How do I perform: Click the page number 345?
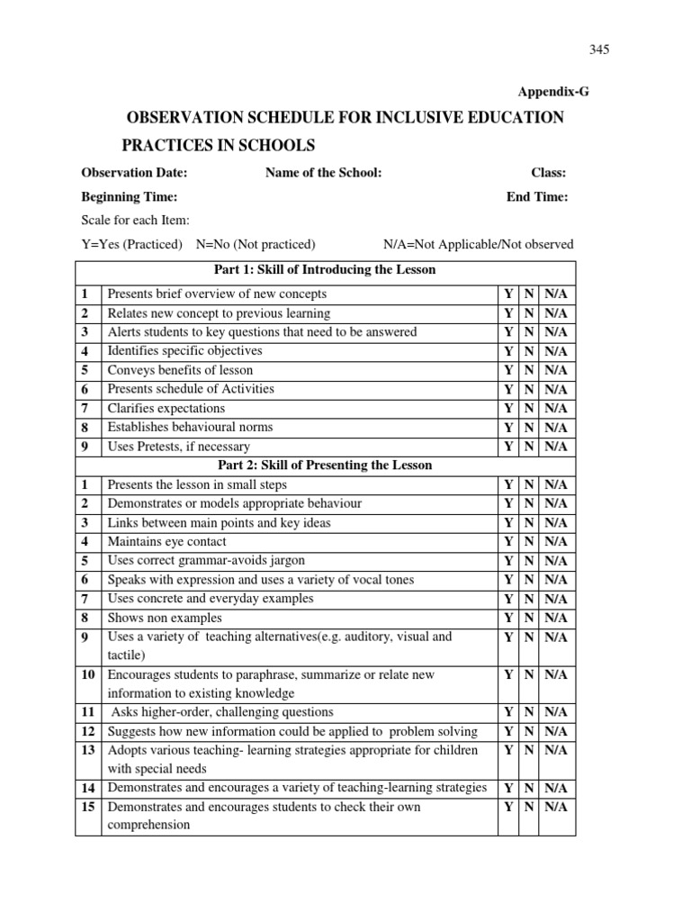[x=599, y=50]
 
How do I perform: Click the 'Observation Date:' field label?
[x=134, y=173]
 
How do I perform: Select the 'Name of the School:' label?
[x=323, y=173]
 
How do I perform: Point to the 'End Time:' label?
[x=537, y=197]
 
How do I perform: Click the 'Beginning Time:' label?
[x=129, y=197]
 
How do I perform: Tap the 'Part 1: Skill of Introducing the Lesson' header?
[x=324, y=270]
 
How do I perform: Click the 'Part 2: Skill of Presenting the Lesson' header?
[x=324, y=466]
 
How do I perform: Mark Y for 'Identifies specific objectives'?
[x=508, y=351]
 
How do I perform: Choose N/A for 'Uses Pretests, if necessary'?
[x=555, y=447]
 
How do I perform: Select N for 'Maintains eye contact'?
[x=530, y=542]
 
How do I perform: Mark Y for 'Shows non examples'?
[x=508, y=618]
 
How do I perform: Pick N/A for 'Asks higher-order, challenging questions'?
[x=555, y=712]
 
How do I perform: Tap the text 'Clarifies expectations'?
[x=166, y=408]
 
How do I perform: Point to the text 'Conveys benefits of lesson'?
[x=180, y=370]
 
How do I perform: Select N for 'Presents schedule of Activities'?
[x=530, y=390]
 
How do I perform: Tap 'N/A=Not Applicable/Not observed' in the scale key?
[x=478, y=244]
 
